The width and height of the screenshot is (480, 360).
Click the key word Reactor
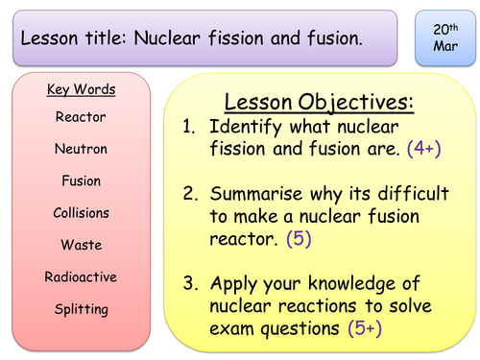coord(81,116)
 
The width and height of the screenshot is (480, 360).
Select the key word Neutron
coord(81,149)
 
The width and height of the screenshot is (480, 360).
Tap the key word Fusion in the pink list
coord(81,180)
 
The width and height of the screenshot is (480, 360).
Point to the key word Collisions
coord(81,213)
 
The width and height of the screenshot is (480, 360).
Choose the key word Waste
coord(81,245)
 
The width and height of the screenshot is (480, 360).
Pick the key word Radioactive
coord(81,277)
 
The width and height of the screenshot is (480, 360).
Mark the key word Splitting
coord(81,309)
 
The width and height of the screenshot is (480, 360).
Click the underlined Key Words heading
coord(81,90)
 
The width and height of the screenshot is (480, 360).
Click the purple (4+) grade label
coord(423,149)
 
